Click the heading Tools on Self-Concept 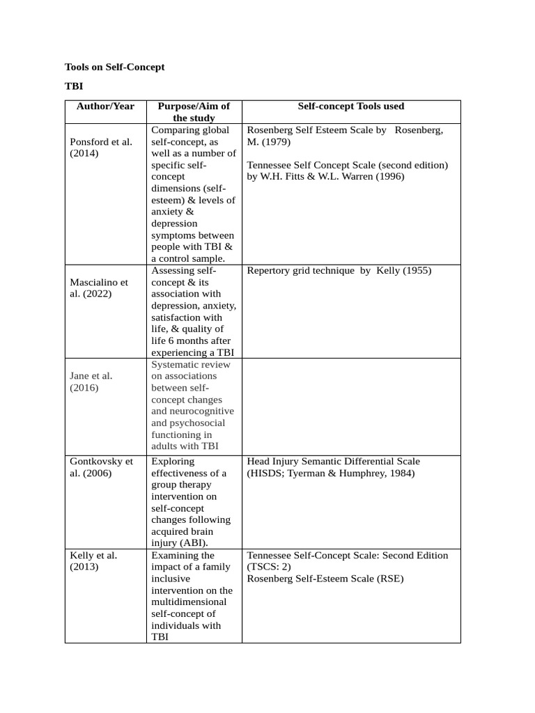(115, 68)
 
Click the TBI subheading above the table (74, 88)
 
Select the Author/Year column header (105, 107)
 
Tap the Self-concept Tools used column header (350, 107)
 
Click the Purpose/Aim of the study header (194, 112)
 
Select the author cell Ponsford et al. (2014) (101, 148)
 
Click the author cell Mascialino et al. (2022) (100, 288)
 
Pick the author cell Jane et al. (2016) (91, 382)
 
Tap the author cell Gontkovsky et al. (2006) (101, 467)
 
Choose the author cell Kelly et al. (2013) (93, 561)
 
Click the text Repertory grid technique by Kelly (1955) (339, 271)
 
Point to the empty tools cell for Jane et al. (350, 407)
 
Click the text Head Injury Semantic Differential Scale (334, 462)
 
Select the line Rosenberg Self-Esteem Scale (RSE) (325, 579)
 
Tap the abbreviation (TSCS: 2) (269, 567)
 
